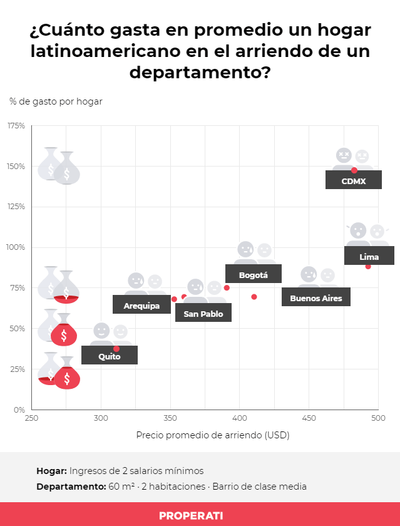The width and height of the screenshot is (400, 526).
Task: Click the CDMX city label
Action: [x=353, y=182]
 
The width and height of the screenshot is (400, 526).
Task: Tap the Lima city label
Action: [x=369, y=257]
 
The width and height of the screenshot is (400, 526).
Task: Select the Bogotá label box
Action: [x=253, y=274]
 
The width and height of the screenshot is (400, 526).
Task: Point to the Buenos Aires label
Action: [x=315, y=298]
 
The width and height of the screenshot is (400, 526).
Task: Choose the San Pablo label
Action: [x=203, y=314]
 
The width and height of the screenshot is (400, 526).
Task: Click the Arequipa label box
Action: [x=141, y=306]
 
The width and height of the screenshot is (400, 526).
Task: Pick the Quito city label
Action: [x=109, y=356]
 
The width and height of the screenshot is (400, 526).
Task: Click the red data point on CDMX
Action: [x=354, y=170]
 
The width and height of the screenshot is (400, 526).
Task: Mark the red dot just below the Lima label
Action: [x=368, y=267]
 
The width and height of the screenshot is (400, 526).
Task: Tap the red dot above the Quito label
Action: [x=116, y=349]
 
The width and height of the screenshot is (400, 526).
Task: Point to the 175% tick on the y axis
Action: [x=16, y=126]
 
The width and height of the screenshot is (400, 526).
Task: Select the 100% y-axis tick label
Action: [x=16, y=247]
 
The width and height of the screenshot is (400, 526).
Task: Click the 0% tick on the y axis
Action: [x=19, y=410]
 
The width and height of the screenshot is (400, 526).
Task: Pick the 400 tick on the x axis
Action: [x=239, y=418]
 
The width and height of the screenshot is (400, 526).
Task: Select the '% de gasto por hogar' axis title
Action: [x=56, y=101]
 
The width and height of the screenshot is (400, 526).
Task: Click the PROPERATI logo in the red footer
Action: [x=200, y=515]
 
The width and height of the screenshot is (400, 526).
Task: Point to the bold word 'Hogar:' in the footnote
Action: [x=51, y=471]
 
